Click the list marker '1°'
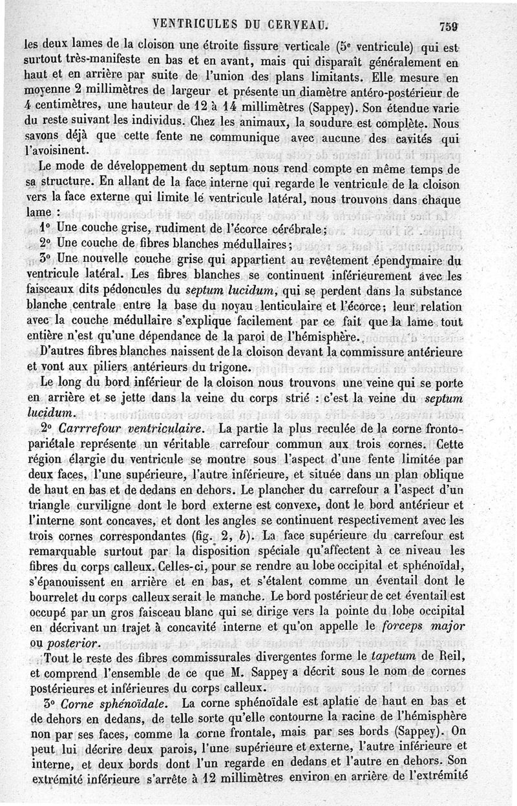point(45,228)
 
